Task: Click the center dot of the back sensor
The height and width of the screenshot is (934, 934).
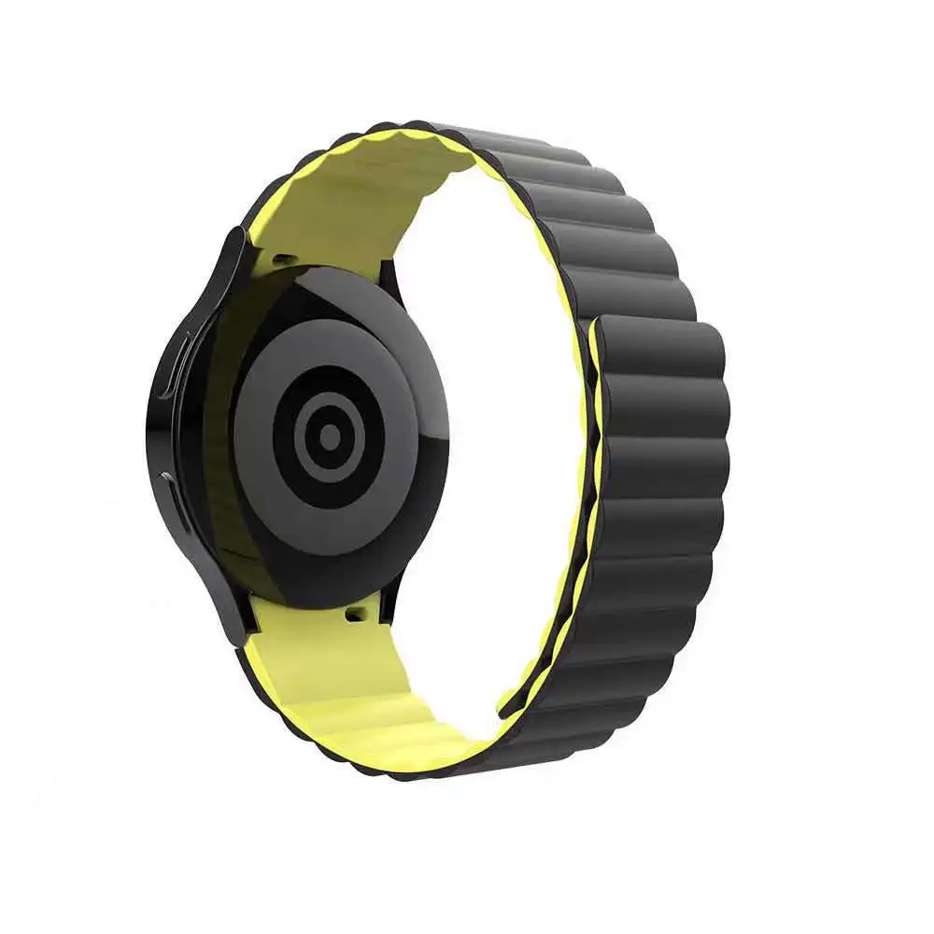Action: [329, 434]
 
